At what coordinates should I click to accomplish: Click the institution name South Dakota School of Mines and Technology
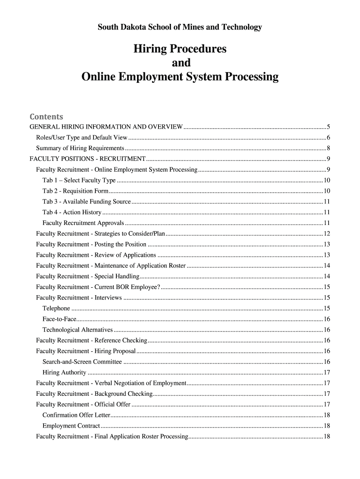pos(180,28)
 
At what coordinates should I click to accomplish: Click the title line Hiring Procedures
pos(180,49)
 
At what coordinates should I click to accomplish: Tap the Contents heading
pos(46,116)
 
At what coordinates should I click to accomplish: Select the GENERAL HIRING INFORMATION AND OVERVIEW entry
pos(106,127)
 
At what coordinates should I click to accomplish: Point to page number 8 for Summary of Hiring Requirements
pos(329,148)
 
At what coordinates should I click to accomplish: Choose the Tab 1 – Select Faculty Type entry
pos(79,181)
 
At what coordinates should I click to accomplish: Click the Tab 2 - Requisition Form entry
pos(75,191)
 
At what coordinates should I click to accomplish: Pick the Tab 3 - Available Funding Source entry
pos(86,202)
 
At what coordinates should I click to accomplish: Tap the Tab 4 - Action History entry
pos(72,212)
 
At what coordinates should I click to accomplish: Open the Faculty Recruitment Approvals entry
pos(83,223)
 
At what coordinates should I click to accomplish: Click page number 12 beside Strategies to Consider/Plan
pos(327,234)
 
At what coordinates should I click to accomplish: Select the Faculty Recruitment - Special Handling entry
pos(87,276)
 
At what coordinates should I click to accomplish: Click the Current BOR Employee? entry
pos(98,287)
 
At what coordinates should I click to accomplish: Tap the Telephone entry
pos(56,308)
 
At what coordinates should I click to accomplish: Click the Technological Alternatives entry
pos(77,330)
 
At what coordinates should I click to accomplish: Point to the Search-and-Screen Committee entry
pos(82,362)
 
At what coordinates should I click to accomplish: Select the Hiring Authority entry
pos(64,372)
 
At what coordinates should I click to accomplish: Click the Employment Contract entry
pos(71,426)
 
